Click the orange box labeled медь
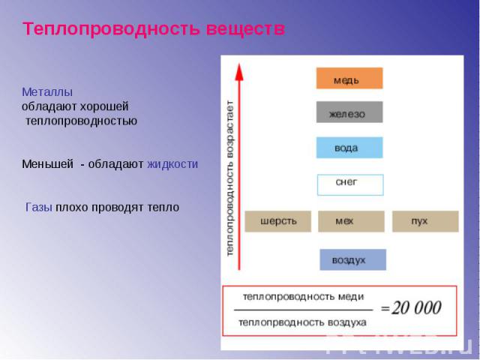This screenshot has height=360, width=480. [349, 78]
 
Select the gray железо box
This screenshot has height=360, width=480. [349, 112]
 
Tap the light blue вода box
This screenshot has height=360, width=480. [349, 148]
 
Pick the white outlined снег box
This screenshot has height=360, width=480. [350, 185]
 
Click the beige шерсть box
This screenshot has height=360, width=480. [278, 221]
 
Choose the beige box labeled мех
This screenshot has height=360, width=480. [351, 221]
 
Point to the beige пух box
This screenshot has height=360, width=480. [425, 221]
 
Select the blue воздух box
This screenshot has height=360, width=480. [353, 259]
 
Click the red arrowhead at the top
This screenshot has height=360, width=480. [239, 72]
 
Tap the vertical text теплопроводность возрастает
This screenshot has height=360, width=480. [230, 178]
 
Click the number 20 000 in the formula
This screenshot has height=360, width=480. [417, 307]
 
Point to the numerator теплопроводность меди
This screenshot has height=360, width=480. [303, 297]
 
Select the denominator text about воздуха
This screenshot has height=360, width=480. [302, 322]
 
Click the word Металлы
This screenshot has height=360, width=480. [47, 91]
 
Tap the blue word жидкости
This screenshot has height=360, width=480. [172, 164]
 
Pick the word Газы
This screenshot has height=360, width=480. [38, 207]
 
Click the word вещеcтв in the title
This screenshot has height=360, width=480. [245, 29]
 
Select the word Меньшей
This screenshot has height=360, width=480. [47, 164]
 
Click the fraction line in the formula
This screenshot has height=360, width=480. [303, 310]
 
